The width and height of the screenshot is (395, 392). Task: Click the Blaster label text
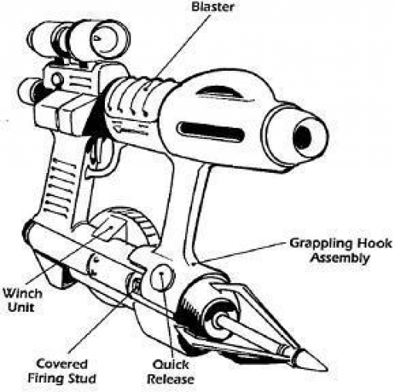click(213, 7)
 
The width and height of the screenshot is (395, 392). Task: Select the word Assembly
click(339, 258)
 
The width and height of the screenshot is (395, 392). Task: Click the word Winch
click(22, 293)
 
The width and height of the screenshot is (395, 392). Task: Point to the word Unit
click(21, 307)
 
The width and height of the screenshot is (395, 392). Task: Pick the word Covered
click(62, 364)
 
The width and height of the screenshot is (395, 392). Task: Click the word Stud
click(83, 378)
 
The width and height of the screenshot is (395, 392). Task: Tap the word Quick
click(170, 364)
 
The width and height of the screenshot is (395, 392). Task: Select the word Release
click(171, 379)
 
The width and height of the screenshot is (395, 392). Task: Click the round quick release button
click(162, 277)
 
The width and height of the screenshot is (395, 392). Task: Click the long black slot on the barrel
click(211, 131)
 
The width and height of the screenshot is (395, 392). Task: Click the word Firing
click(48, 379)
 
